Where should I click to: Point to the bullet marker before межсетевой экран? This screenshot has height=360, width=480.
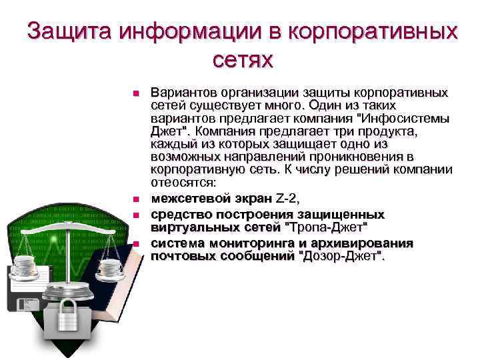coord(135,199)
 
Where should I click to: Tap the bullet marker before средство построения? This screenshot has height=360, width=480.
coord(135,215)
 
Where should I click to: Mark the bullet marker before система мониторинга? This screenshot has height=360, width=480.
coord(135,243)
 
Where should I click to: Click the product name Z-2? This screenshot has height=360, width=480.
coord(288,199)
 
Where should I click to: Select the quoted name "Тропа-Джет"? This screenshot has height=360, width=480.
coord(327,227)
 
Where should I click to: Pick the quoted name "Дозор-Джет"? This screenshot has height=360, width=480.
coord(343,255)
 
